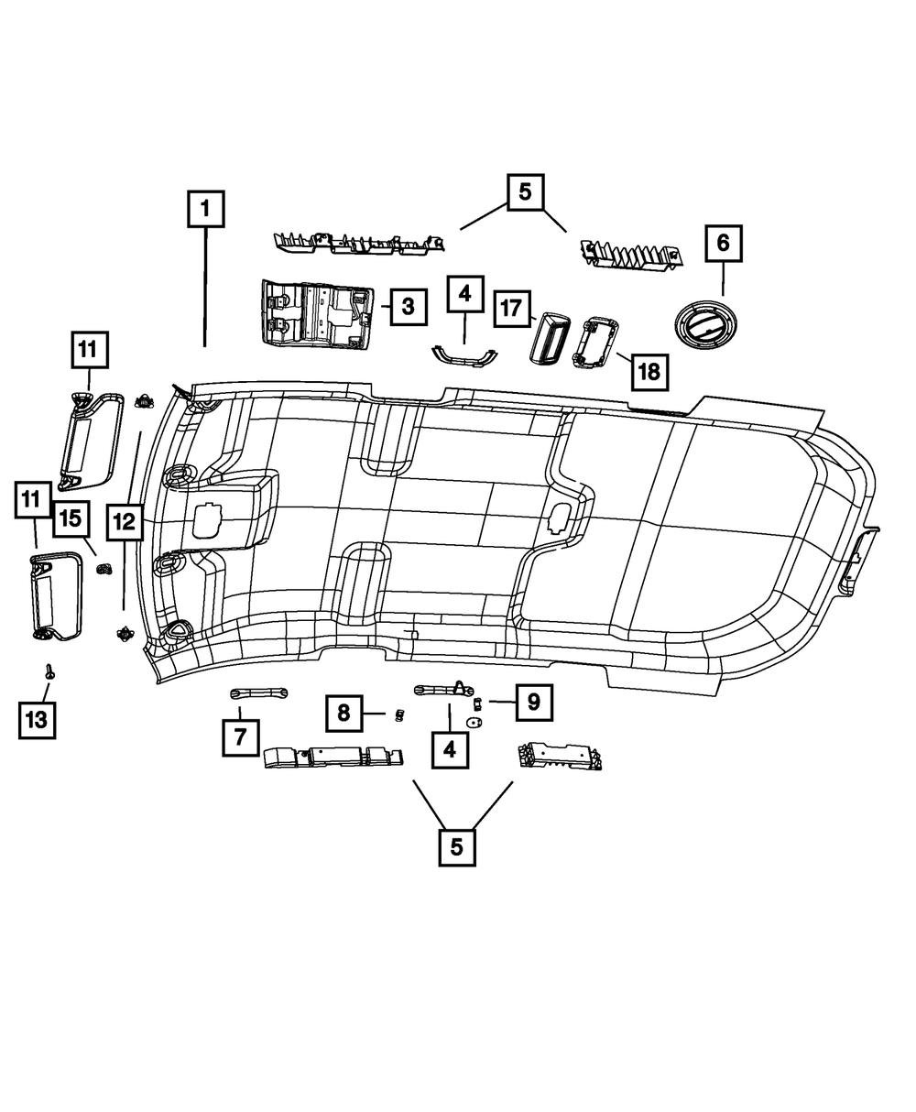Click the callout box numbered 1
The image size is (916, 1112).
[x=205, y=208]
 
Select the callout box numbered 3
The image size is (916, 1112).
[x=408, y=307]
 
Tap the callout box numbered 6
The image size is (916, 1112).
[x=723, y=243]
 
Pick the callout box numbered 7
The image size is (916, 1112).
[x=240, y=737]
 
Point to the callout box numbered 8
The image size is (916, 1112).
[x=343, y=713]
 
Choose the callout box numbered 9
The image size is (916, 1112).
[x=533, y=703]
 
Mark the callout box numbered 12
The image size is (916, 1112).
[x=125, y=522]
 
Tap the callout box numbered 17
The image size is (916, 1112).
[x=510, y=309]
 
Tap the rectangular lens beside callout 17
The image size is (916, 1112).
[x=550, y=339]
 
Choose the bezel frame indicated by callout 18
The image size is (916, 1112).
[x=594, y=346]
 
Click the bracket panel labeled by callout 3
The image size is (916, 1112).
[x=319, y=313]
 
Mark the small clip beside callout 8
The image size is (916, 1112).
[x=398, y=714]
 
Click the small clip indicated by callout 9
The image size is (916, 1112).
[x=477, y=703]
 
